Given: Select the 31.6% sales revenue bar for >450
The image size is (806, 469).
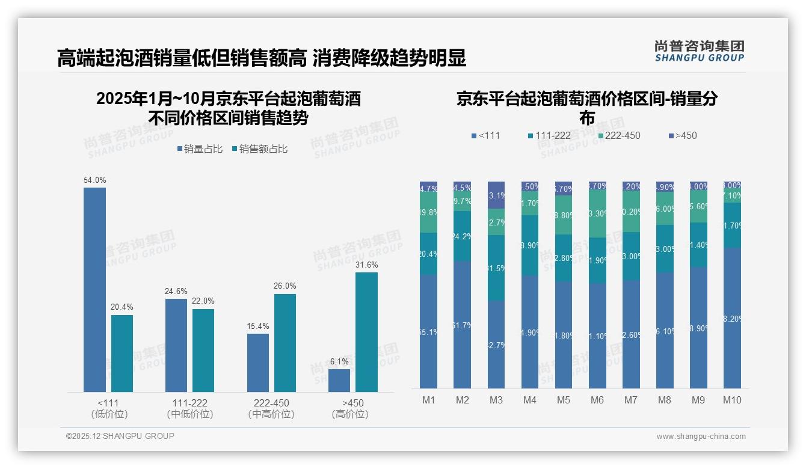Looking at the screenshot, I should (366, 332).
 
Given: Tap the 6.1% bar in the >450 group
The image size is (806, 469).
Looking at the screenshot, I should (339, 381).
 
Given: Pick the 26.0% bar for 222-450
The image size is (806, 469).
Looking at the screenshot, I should (285, 343).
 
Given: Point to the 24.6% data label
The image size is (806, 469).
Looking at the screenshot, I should (176, 292).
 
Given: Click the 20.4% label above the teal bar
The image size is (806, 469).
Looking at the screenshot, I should (122, 307).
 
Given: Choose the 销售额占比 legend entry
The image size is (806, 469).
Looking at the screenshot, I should (259, 149).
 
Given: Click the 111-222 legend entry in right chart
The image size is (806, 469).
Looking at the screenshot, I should (549, 135).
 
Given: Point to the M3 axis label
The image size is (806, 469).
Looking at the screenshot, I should (496, 400).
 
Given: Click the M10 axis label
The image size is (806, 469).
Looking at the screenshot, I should (731, 400).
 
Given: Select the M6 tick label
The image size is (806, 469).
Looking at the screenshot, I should (597, 400).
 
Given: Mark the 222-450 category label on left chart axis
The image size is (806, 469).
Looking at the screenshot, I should (271, 403).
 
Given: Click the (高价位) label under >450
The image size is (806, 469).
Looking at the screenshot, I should (349, 414).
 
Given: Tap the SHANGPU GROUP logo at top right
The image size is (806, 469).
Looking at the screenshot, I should (699, 51).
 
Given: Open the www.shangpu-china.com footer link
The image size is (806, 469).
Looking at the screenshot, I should (701, 437).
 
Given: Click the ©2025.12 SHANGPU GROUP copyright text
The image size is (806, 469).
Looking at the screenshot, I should (120, 436).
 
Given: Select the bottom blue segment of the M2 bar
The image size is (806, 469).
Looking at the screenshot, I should (462, 325).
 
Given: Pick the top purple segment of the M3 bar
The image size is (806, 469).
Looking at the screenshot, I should (496, 195).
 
